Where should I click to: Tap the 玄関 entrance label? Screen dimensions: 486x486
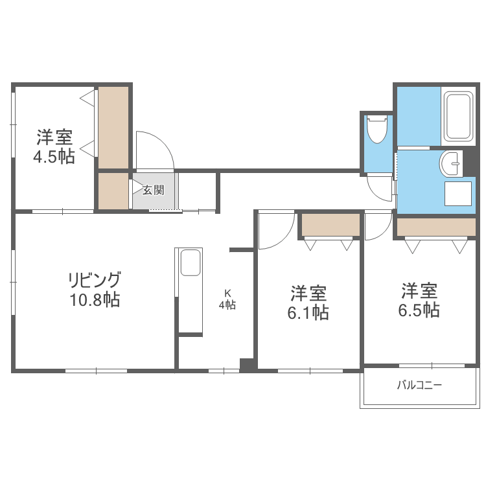(x=154, y=190)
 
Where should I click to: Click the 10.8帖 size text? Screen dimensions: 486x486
(x=95, y=300)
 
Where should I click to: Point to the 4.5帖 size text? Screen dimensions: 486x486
(x=54, y=156)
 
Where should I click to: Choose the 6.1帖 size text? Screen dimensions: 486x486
(x=308, y=312)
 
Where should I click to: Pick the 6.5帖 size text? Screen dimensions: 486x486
(x=418, y=310)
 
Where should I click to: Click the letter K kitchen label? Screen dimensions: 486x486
(x=227, y=292)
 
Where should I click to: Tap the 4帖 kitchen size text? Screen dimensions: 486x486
(x=227, y=305)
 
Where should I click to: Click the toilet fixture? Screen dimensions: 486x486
(x=376, y=130)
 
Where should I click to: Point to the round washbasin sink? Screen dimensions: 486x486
(x=449, y=164)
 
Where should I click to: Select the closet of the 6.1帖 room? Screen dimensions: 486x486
(x=330, y=225)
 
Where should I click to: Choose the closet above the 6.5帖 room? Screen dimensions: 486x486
(x=436, y=227)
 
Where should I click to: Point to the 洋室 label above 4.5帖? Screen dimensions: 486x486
(x=54, y=137)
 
